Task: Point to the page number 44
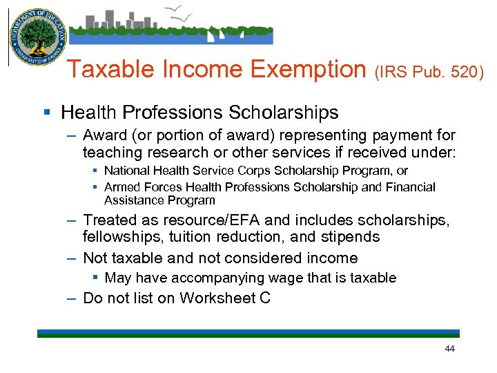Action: pyautogui.click(x=450, y=349)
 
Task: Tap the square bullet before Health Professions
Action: pyautogui.click(x=46, y=112)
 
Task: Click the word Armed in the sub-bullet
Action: pyautogui.click(x=120, y=187)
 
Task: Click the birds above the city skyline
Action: pyautogui.click(x=181, y=10)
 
